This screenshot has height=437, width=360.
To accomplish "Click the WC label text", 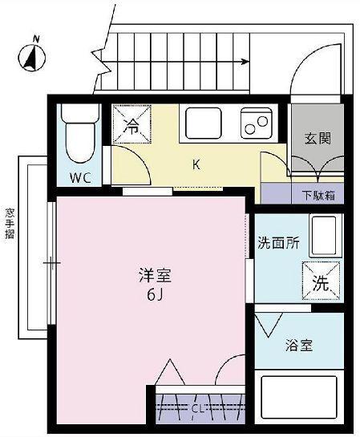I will pyautogui.click(x=79, y=177).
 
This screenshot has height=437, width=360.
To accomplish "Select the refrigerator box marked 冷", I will pyautogui.click(x=132, y=124).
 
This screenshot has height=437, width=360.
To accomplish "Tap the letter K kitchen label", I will pyautogui.click(x=195, y=166).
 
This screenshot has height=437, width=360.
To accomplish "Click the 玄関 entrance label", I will pyautogui.click(x=316, y=138).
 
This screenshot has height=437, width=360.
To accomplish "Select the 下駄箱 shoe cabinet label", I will pyautogui.click(x=318, y=195).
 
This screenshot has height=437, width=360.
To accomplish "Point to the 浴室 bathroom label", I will pyautogui.click(x=299, y=346).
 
